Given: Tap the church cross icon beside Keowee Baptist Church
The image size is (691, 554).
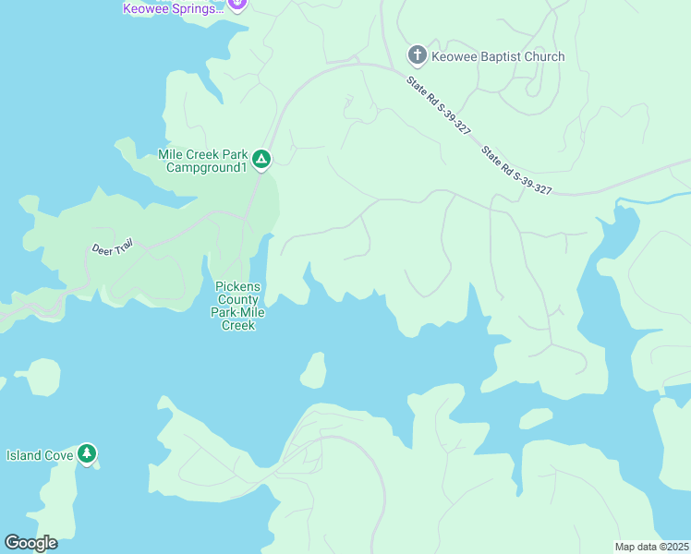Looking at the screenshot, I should (x=417, y=55).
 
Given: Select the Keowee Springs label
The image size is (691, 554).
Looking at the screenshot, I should (x=174, y=8).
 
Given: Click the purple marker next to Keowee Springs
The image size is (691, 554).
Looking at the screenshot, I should (x=237, y=4).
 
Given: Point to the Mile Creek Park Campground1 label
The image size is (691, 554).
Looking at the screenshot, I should (x=203, y=161).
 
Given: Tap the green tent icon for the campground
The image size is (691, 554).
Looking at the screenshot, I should (x=261, y=161).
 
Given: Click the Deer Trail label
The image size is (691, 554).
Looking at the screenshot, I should (x=113, y=247).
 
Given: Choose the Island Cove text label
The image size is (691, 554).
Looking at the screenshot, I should (x=38, y=454).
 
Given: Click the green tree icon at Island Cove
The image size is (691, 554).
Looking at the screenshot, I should (x=87, y=453).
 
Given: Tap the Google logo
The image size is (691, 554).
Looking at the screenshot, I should (x=30, y=542).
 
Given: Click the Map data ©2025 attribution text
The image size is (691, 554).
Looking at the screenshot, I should (x=651, y=546).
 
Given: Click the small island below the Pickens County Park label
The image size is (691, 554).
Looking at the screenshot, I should (x=313, y=370).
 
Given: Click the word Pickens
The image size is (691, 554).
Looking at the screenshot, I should (x=237, y=286).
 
